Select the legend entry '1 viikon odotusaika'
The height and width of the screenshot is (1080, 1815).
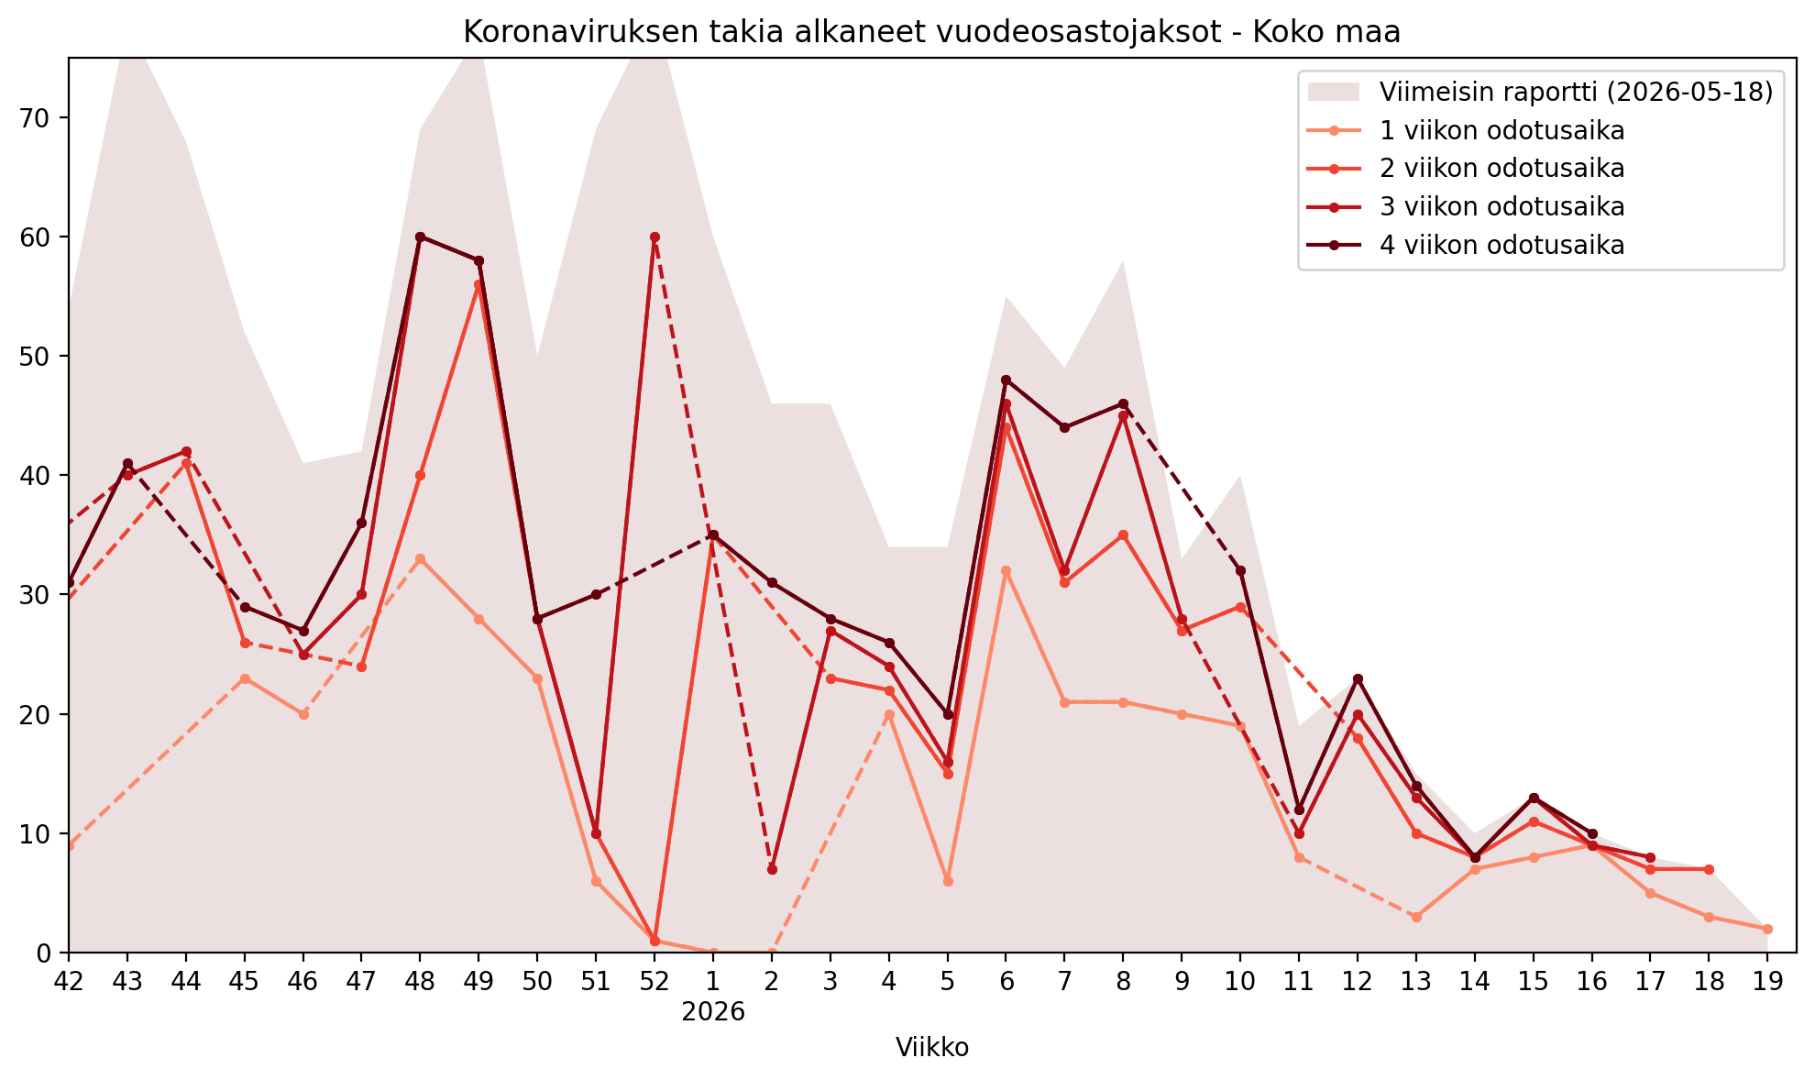click(1501, 130)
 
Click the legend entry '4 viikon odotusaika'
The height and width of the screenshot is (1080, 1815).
click(1501, 245)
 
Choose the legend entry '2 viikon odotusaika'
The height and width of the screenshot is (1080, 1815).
click(1501, 169)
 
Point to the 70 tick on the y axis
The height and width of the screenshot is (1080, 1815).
click(44, 117)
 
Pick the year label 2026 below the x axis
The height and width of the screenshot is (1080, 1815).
click(712, 1012)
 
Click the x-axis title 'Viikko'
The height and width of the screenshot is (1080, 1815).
click(932, 1047)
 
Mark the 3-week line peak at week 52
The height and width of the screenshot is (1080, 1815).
click(654, 237)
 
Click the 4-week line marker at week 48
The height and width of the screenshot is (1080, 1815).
click(420, 237)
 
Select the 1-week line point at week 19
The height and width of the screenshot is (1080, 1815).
click(1767, 929)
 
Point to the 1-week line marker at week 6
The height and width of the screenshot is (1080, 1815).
click(1006, 570)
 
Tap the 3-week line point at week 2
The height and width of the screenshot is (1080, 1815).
click(772, 869)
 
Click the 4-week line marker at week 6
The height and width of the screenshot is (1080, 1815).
click(1006, 380)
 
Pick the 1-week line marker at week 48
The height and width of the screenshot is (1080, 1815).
click(420, 558)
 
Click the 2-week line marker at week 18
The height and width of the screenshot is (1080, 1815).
click(1709, 869)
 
